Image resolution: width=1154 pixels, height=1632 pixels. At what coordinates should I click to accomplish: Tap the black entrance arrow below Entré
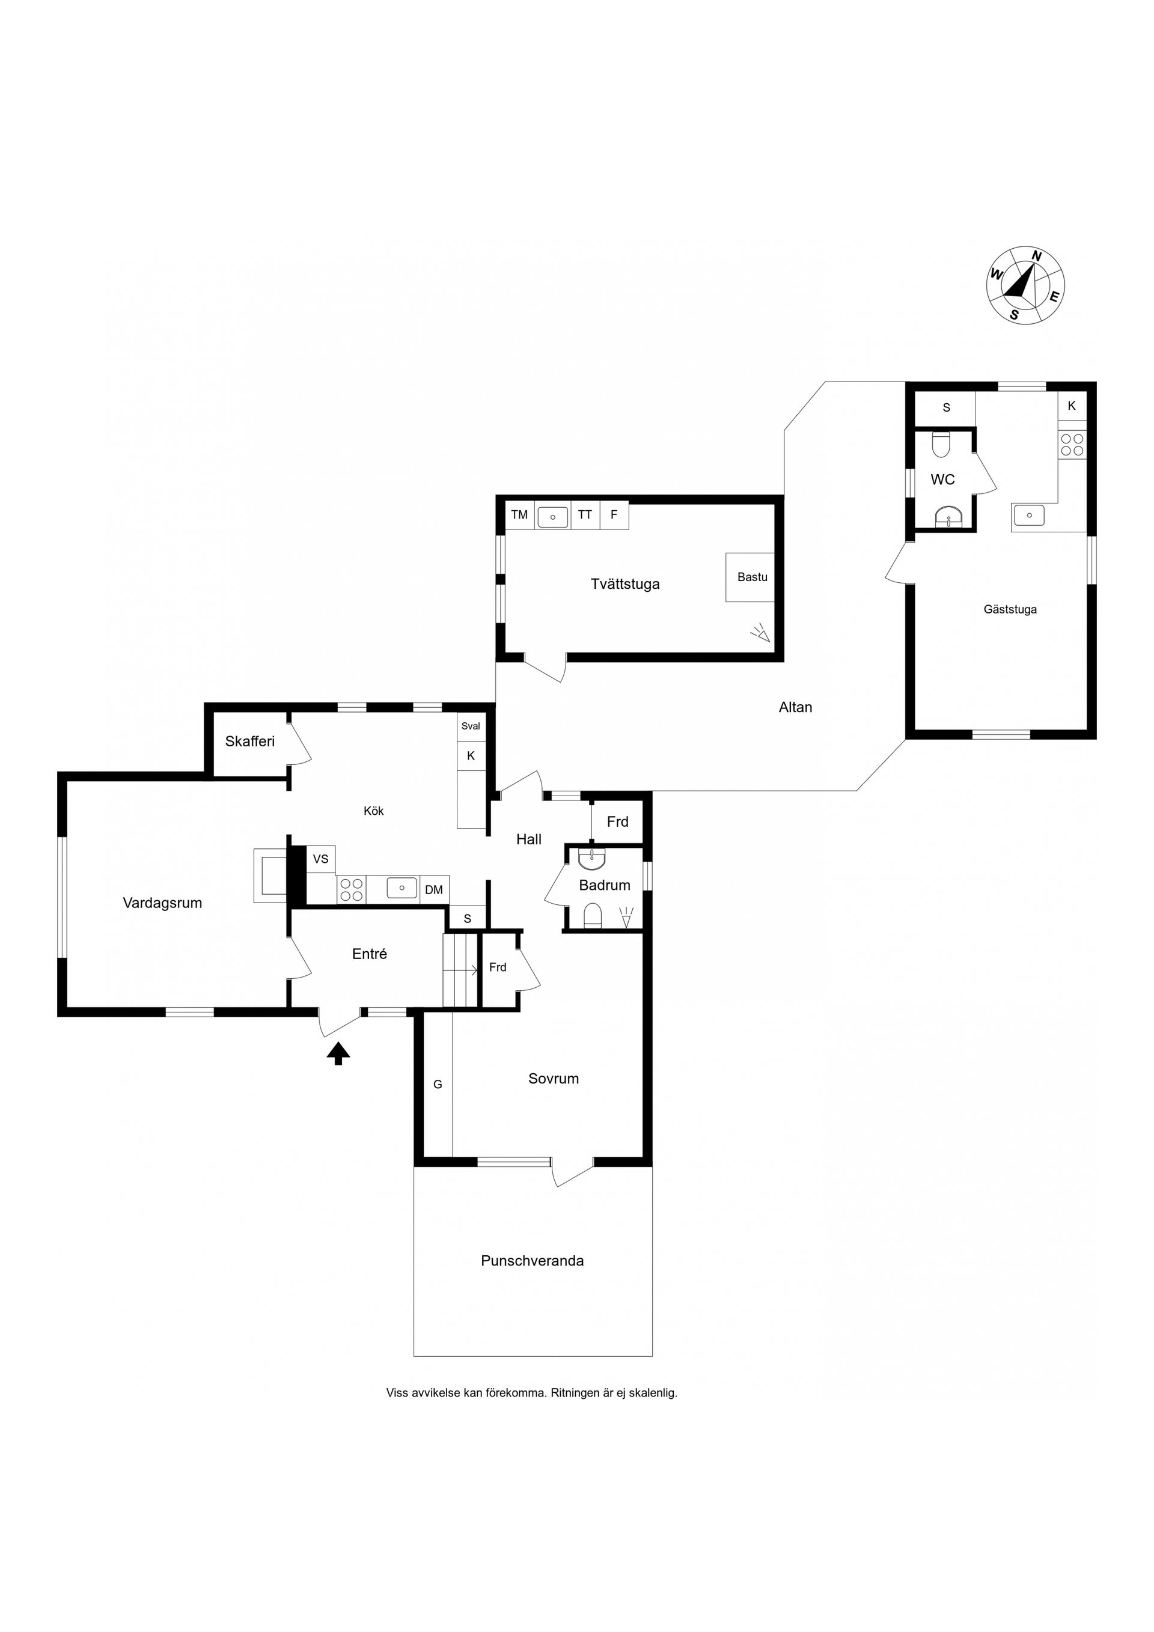coord(338,1053)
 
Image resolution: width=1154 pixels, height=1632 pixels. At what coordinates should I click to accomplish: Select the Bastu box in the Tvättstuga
coord(750,577)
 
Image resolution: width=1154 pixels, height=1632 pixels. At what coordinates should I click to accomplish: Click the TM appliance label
coord(519,514)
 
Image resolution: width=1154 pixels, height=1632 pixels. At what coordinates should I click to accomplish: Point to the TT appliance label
coord(584,514)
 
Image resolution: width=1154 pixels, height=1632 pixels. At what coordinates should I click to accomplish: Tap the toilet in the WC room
coord(941,445)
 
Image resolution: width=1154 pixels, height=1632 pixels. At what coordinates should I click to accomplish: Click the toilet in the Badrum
coord(592,916)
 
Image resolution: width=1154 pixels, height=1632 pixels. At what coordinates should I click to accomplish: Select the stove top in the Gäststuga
coord(1072,445)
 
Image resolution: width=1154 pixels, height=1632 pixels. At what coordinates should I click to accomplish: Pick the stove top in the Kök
coord(351,889)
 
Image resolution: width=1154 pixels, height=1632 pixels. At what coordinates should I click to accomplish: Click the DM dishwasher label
coord(434,890)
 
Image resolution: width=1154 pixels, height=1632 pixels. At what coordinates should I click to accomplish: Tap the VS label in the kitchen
coord(321,859)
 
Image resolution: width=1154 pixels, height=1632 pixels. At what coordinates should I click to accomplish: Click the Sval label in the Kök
coord(471,726)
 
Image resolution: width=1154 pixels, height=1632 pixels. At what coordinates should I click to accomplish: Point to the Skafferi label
coord(249,741)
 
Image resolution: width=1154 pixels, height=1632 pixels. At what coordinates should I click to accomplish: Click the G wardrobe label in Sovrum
coord(438,1085)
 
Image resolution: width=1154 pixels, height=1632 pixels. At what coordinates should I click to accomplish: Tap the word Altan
coord(795,707)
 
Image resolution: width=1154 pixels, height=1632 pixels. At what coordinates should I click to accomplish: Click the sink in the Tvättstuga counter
coord(552,517)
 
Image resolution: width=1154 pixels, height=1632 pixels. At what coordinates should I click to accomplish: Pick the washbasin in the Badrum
coord(592,859)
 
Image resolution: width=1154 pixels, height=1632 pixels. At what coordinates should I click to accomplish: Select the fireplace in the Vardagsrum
coord(271,875)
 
